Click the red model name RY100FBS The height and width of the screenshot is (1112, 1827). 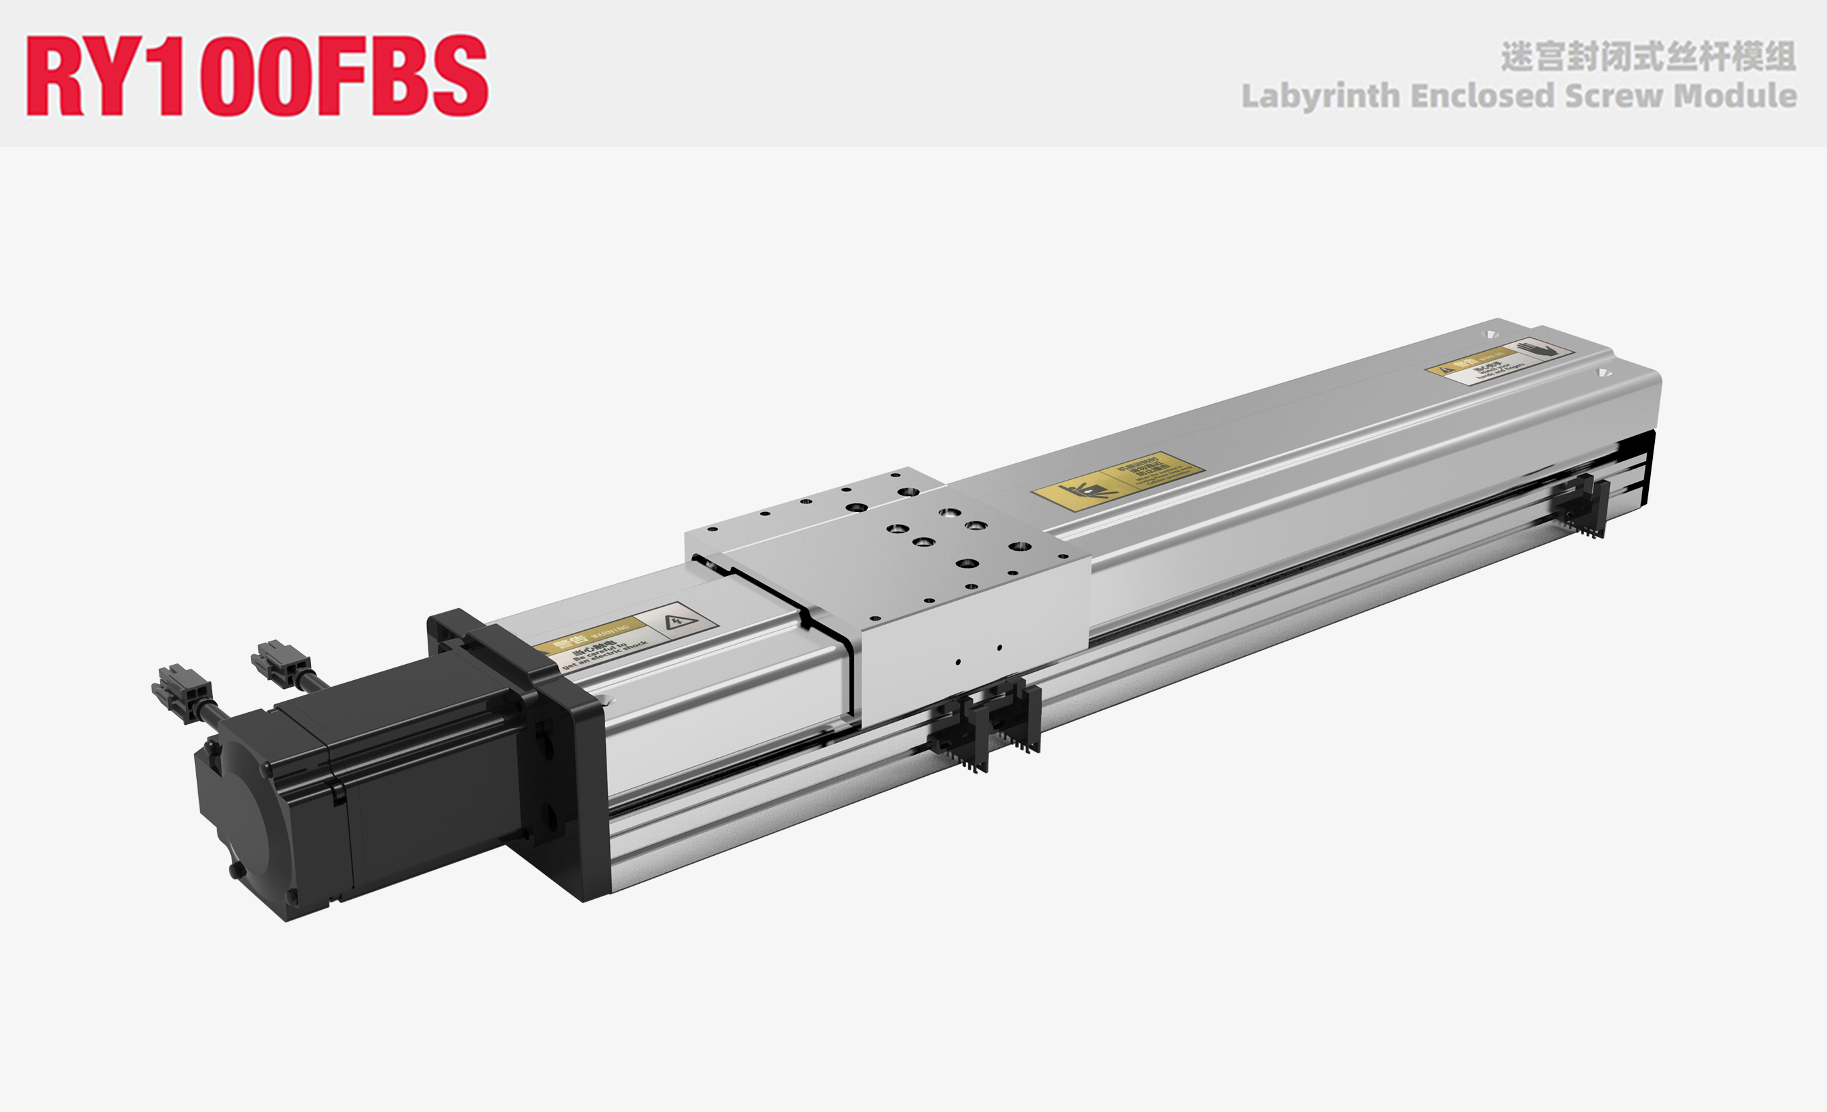(x=256, y=75)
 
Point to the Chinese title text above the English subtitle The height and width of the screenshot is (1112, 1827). (x=1648, y=56)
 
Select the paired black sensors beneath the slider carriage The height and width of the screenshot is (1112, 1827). (x=986, y=724)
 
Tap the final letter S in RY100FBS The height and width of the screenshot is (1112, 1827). (x=460, y=75)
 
